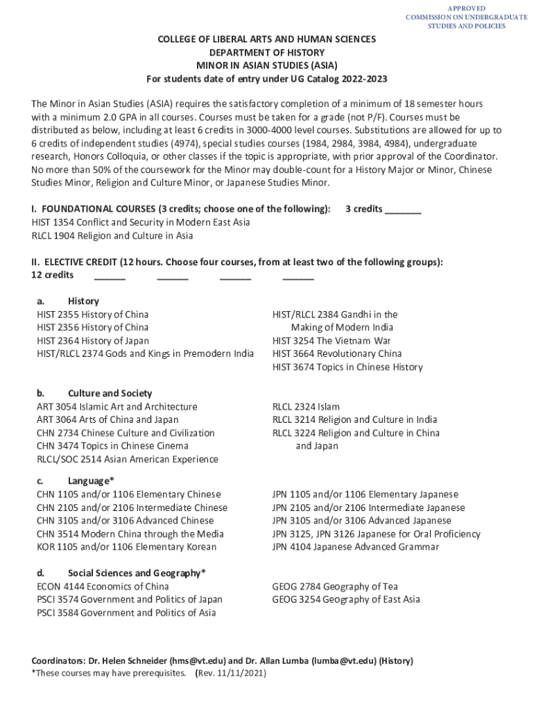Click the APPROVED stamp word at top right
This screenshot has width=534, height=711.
pos(466,8)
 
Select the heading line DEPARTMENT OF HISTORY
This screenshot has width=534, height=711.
pos(267,53)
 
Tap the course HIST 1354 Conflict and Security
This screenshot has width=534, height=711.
pos(141,222)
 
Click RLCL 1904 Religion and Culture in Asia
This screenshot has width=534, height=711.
pos(112,235)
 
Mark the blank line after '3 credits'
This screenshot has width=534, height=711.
pos(403,210)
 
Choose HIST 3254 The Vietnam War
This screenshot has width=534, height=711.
pos(331,340)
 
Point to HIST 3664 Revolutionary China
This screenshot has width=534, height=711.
pos(336,353)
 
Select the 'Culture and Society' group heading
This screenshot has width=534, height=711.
pos(110,393)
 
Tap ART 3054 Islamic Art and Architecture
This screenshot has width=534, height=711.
pos(117,406)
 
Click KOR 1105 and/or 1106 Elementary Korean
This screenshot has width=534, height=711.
pos(126,546)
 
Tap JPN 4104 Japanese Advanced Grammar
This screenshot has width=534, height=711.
pos(355,546)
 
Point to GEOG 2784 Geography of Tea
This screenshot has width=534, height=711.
pos(335,586)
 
